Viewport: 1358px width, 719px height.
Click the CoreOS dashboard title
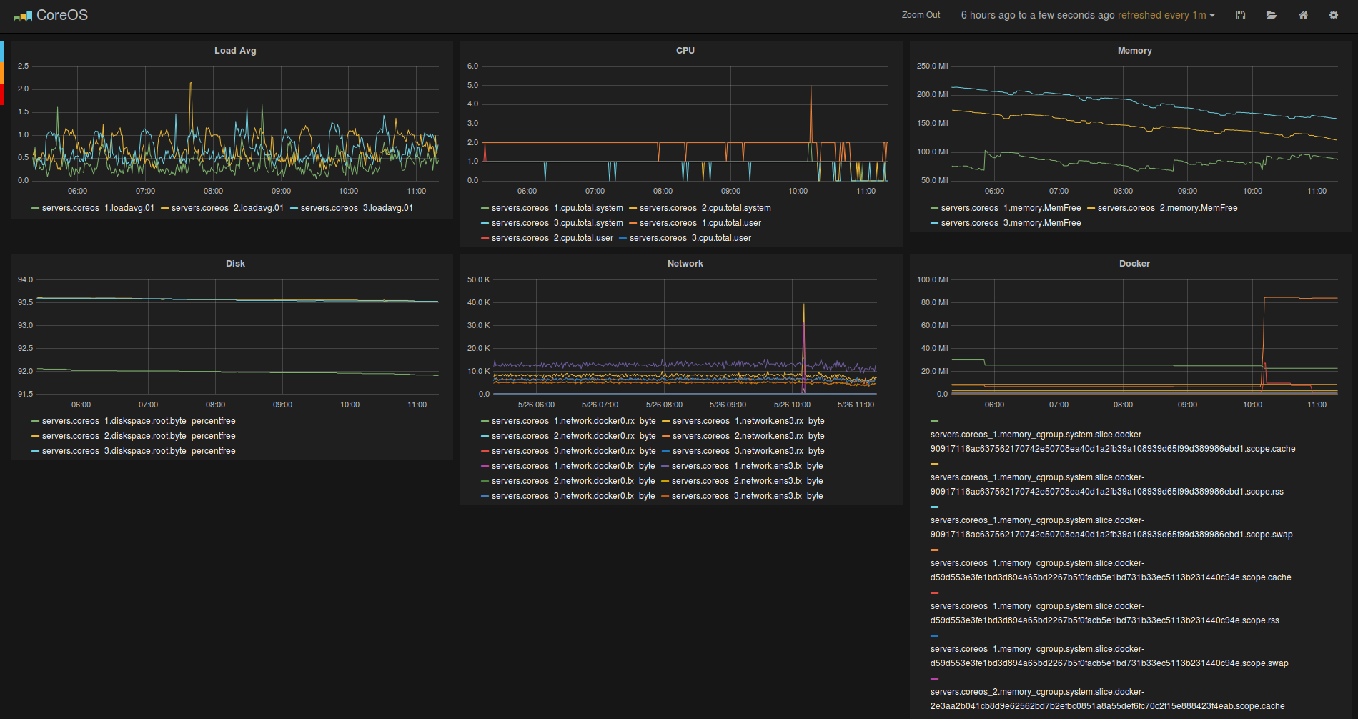pos(61,15)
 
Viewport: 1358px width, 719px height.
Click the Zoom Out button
pos(921,15)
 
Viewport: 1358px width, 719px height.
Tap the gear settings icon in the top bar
pos(1333,15)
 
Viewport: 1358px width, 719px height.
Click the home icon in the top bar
pos(1303,15)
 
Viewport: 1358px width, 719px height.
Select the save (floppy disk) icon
pos(1241,15)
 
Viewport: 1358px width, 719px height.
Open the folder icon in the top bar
pos(1272,15)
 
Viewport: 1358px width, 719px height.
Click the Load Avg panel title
pos(235,51)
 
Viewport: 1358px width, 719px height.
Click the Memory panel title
pos(1134,51)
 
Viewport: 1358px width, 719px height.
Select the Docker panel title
pos(1134,264)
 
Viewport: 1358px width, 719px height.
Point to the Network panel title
pos(685,264)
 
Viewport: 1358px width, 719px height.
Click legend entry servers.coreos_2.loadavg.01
pos(227,208)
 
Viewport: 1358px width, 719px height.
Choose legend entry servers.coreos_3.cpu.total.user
pos(690,238)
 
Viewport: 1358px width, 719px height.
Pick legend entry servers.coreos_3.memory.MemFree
pos(1011,223)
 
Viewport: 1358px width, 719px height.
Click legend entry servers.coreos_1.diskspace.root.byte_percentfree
pos(139,421)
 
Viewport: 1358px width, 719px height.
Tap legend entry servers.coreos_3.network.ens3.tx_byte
pos(747,496)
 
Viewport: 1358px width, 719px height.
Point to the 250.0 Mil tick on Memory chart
pos(932,66)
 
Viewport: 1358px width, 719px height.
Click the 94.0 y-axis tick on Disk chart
pos(25,279)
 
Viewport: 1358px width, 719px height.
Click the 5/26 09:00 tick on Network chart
pos(728,405)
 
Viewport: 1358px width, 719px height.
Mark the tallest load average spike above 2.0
pos(191,84)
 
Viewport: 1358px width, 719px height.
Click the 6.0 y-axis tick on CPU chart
pos(472,66)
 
